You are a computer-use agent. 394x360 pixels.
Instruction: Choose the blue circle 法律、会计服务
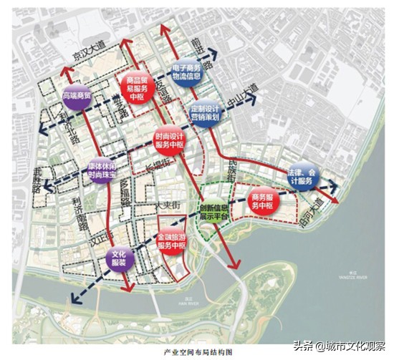[301, 177]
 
